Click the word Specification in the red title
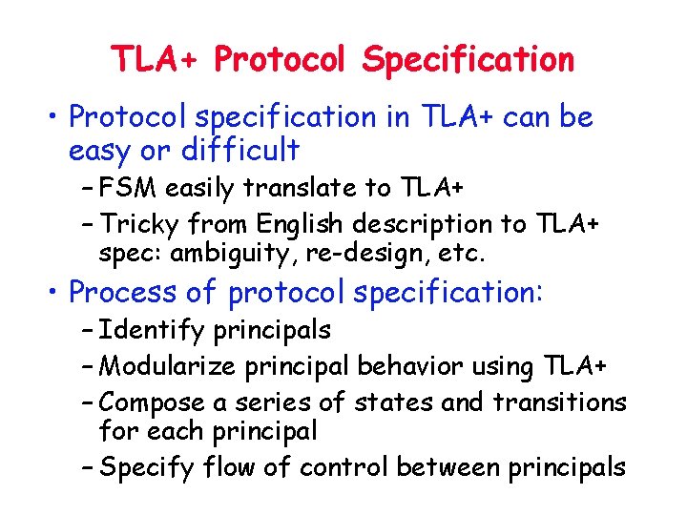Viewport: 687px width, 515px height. click(x=468, y=60)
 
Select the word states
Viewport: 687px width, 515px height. click(x=392, y=402)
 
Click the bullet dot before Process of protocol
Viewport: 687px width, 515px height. click(x=57, y=293)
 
